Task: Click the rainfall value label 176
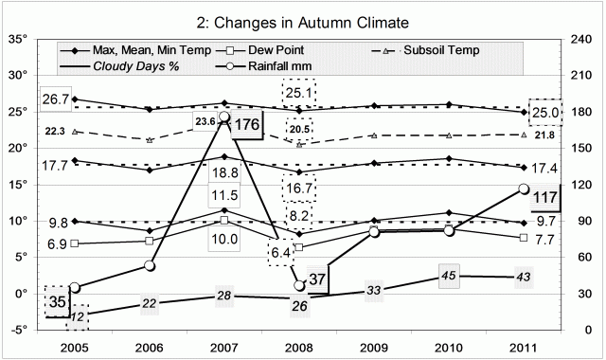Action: pos(248,124)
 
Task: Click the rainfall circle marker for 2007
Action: pos(223,117)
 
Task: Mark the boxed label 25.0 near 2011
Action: pos(546,112)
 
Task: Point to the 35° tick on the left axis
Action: pos(18,40)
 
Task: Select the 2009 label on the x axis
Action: pos(373,345)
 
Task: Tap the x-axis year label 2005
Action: pos(74,345)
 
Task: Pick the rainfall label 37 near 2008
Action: pos(318,280)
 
